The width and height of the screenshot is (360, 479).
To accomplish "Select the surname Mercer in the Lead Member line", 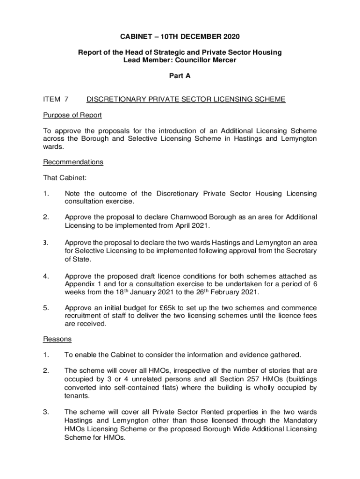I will point(223,60).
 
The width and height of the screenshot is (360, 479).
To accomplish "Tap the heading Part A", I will point(180,76).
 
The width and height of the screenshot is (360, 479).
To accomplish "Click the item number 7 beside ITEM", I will point(66,99).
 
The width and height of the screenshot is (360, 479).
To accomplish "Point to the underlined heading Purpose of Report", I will point(72,115).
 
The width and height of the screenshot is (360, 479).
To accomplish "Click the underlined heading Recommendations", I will point(73,162).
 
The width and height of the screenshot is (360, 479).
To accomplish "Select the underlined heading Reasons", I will point(58,339).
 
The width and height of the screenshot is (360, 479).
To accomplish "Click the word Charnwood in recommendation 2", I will point(190,217).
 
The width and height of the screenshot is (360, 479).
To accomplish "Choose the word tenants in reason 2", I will point(76,396).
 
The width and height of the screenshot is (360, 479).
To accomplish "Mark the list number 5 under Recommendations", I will point(45,308).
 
